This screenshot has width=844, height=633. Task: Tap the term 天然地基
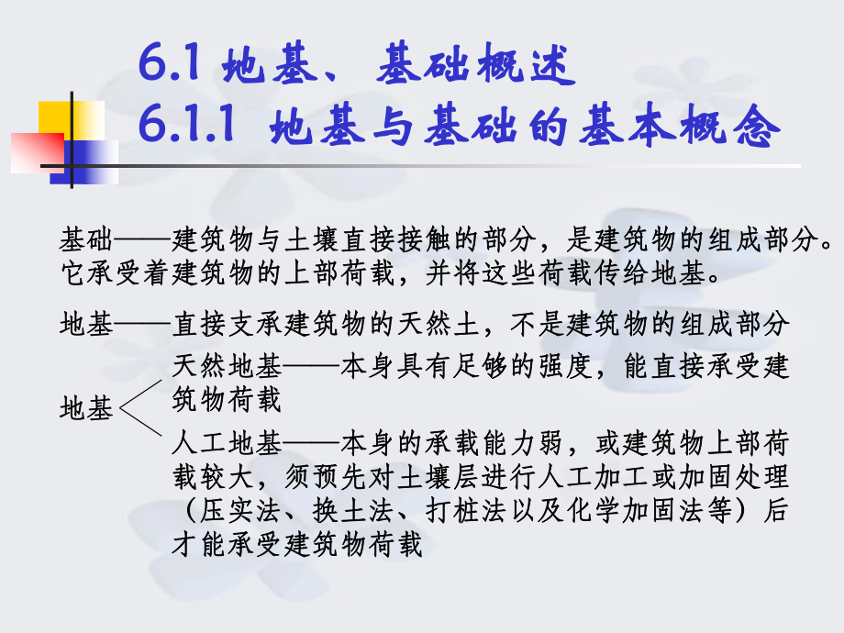[227, 366]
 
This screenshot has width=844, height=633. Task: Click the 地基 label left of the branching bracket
[86, 409]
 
